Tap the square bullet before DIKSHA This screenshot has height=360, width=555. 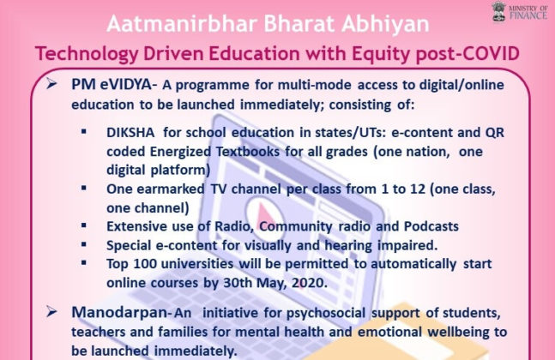[x=84, y=134]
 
